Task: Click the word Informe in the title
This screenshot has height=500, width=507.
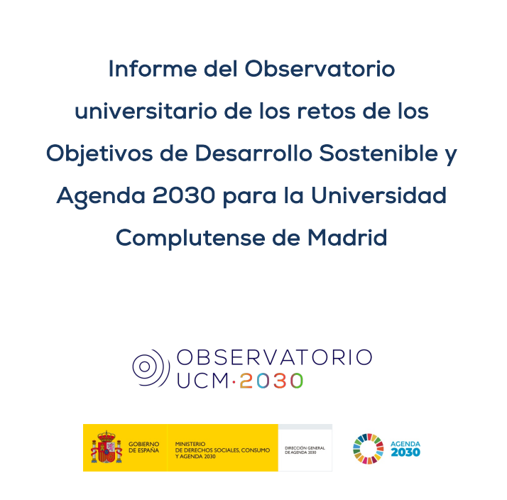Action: coord(152,69)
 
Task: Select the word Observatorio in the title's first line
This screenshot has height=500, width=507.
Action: coord(320,69)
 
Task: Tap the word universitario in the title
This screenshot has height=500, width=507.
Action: coord(146,111)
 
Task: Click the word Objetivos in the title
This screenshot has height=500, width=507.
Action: coord(99,153)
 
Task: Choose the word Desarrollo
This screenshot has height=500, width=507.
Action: coord(253,153)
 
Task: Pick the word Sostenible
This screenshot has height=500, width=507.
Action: coord(378,153)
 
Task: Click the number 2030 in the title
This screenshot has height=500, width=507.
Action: coord(184,195)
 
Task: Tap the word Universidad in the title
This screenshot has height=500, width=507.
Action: coord(378,195)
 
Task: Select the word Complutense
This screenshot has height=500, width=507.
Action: coord(190,238)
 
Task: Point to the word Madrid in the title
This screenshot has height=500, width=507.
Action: coord(347,238)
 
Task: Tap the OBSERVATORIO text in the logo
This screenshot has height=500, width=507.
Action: coord(275,357)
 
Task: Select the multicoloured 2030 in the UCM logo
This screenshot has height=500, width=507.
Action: coord(271,381)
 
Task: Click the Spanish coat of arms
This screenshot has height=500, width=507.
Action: coord(107,447)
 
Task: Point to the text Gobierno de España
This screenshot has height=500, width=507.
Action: coord(144,447)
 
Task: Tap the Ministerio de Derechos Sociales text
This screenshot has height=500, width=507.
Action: coord(222,450)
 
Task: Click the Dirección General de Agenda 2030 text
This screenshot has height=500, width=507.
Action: coord(305,450)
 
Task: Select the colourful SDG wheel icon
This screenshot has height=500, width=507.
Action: coord(369,449)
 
